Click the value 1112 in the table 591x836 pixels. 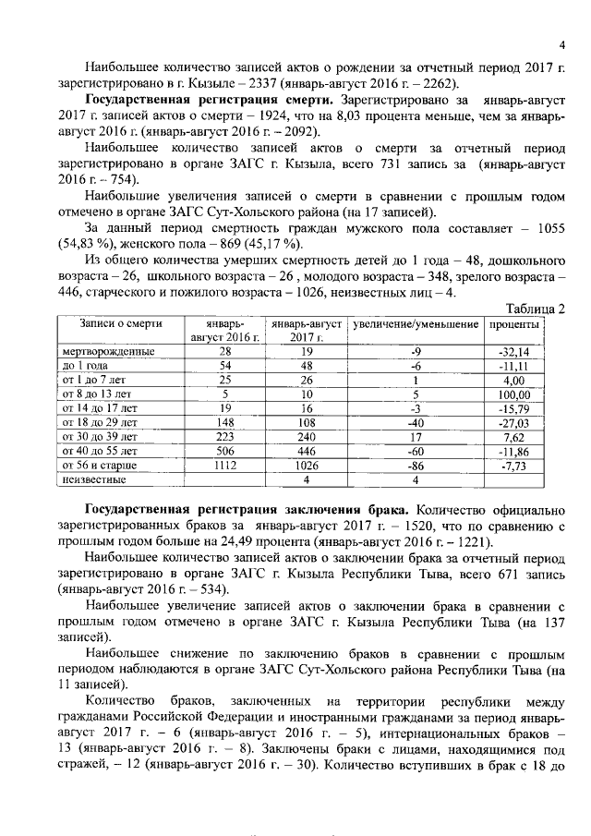(x=224, y=467)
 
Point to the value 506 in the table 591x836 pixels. (x=224, y=453)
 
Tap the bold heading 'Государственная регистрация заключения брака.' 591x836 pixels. (x=249, y=510)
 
